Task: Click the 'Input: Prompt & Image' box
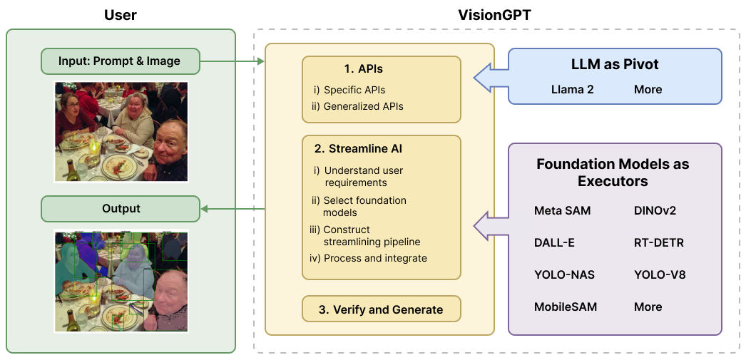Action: (120, 61)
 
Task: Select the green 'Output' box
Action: (120, 209)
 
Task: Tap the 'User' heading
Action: (121, 14)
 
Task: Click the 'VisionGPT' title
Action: (496, 14)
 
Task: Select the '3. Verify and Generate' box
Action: (381, 309)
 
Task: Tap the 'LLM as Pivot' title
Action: (614, 65)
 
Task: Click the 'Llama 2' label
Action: (572, 90)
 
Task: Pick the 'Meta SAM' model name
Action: (562, 211)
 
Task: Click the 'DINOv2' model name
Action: (655, 211)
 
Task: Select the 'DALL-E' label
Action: (554, 243)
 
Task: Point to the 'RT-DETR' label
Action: (658, 243)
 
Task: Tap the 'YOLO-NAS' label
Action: (564, 275)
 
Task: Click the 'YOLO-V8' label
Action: (659, 275)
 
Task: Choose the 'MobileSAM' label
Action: (565, 307)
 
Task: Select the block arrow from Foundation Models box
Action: (491, 225)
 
